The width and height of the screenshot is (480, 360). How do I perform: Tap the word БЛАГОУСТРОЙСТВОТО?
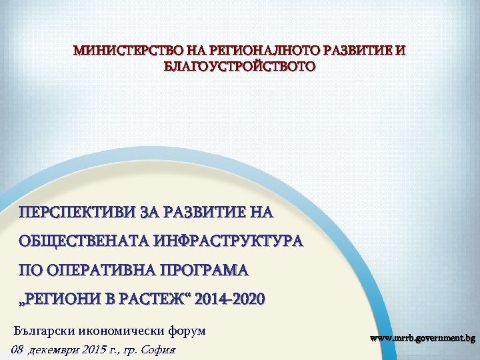point(240,67)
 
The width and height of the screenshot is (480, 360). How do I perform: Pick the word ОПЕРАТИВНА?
point(89,270)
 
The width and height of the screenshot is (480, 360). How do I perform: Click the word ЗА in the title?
point(148,213)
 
